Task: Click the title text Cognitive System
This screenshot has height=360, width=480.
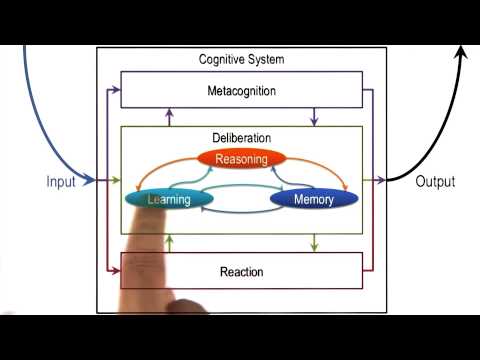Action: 241,60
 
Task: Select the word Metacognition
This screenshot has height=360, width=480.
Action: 241,91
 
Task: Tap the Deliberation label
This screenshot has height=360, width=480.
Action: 241,137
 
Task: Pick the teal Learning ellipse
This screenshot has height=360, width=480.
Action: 171,199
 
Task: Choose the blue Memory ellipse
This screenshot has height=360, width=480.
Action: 313,199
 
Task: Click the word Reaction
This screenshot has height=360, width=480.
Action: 240,271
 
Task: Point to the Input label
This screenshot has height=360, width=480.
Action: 61,182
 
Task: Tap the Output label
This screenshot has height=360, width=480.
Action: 435,182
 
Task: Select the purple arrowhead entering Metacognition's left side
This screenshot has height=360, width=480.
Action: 117,91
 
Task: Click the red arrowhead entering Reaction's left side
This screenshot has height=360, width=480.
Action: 117,271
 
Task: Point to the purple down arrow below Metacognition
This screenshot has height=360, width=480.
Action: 315,121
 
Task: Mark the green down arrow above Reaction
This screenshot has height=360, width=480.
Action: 315,246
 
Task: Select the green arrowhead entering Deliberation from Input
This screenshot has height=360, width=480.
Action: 117,181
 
